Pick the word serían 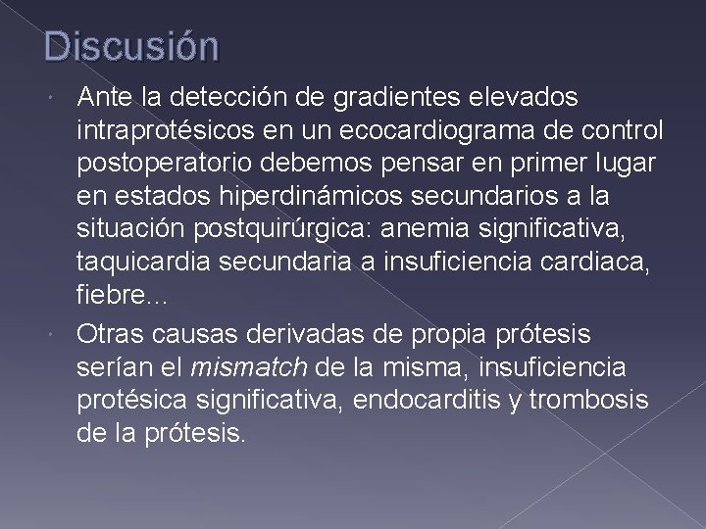pos(110,366)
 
